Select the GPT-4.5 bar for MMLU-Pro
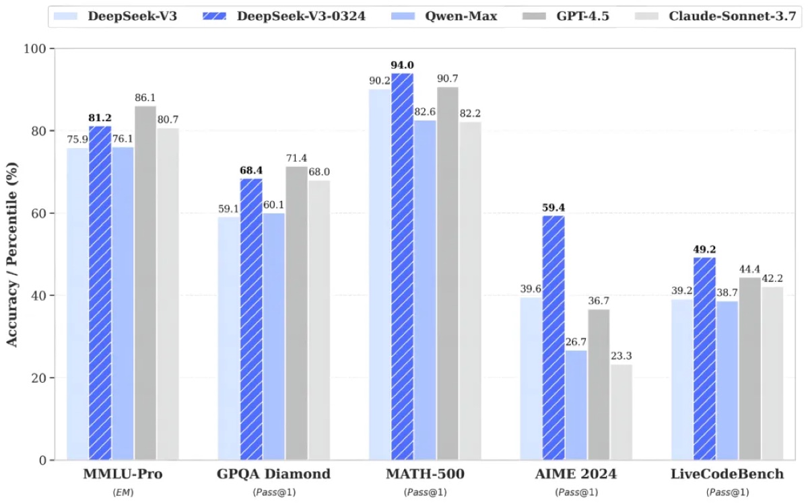pos(145,283)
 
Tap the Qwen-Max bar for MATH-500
pos(426,290)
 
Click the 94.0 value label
pos(403,65)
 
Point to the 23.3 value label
pos(621,356)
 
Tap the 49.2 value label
pos(705,249)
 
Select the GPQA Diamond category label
pos(273,474)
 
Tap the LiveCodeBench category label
pos(727,474)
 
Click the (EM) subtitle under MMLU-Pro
pos(123,493)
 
